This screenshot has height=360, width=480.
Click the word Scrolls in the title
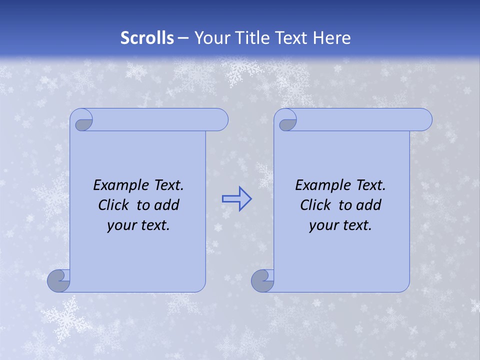(x=147, y=38)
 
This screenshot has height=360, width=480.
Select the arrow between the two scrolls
(x=236, y=199)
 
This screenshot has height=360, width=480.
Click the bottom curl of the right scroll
(x=262, y=281)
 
